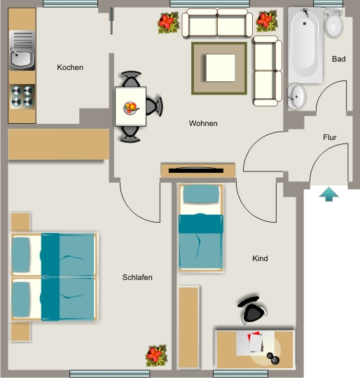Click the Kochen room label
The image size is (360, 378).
click(70, 67)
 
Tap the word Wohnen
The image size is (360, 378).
click(203, 123)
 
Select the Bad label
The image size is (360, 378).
click(339, 59)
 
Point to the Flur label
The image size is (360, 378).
click(330, 137)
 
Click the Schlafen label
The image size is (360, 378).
click(137, 277)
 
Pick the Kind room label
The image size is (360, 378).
click(260, 258)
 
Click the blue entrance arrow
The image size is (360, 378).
click(328, 194)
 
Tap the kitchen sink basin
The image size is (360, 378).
click(22, 59)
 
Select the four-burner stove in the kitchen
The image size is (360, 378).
click(22, 96)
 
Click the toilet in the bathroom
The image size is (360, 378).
click(333, 23)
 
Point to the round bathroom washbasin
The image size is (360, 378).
click(296, 96)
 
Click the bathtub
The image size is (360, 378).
click(305, 45)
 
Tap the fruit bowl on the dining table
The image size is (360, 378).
click(130, 108)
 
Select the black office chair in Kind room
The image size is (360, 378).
click(252, 310)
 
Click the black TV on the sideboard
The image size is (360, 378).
click(196, 170)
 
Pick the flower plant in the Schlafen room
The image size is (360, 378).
click(156, 355)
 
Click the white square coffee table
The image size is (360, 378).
click(221, 68)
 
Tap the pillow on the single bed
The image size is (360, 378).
click(202, 195)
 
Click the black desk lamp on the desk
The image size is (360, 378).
click(273, 358)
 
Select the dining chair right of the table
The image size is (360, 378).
click(154, 106)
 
